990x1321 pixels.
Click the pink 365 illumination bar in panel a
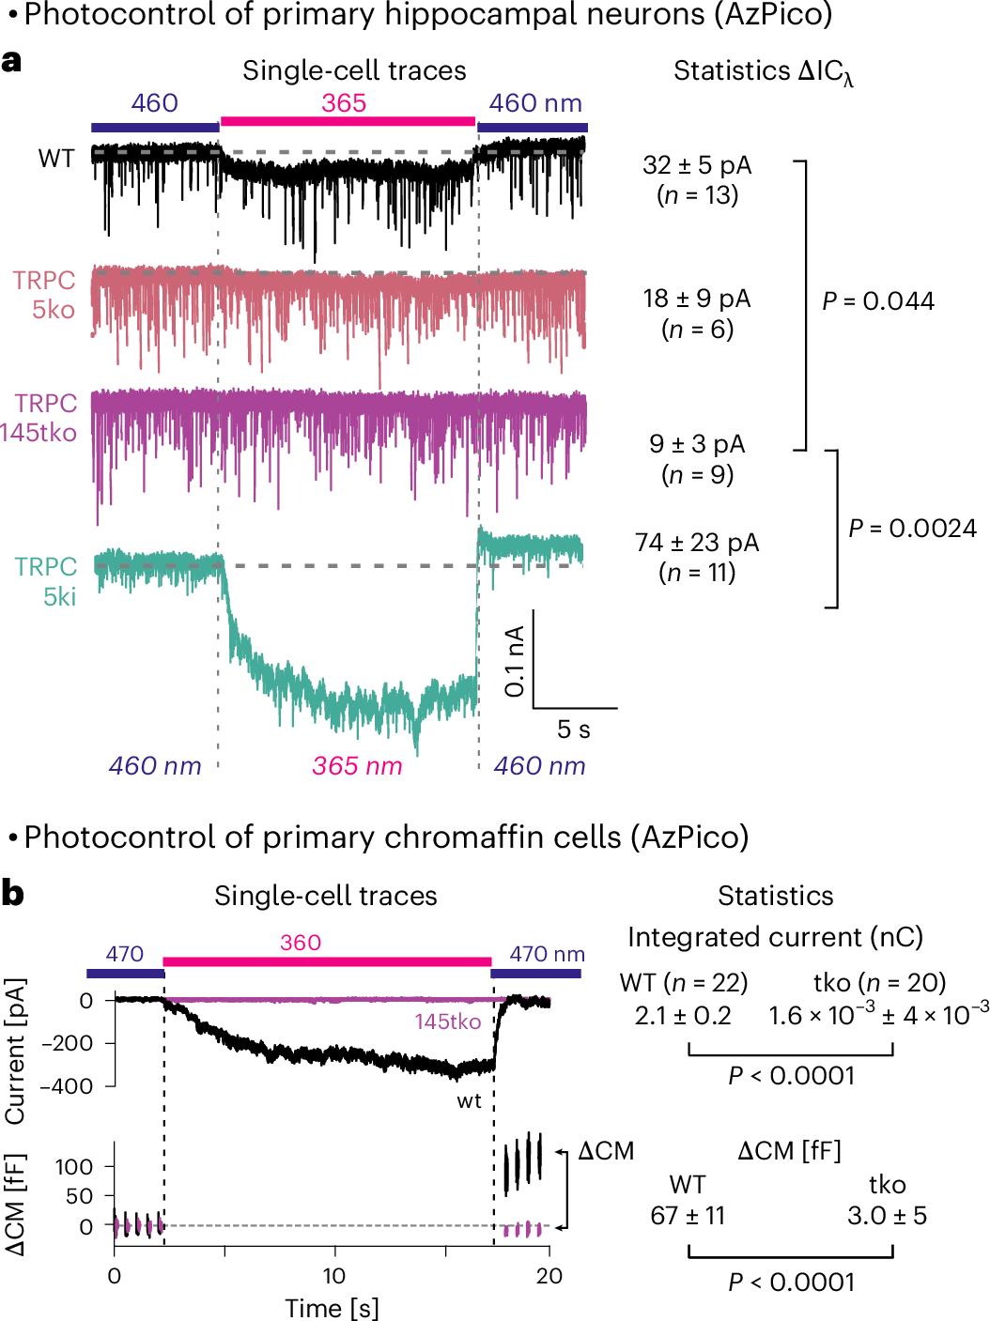point(348,121)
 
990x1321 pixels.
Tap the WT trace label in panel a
point(56,159)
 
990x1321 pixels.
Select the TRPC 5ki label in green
point(46,581)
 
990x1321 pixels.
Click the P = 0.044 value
point(878,301)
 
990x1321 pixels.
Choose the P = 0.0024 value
point(912,529)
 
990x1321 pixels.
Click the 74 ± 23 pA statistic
point(697,543)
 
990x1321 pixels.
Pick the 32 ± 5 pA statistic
point(697,166)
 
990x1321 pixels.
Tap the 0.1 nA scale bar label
point(514,662)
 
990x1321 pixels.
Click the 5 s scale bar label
point(573,730)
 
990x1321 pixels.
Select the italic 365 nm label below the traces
point(357,766)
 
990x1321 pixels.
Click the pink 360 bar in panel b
point(327,961)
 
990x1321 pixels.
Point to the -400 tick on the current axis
point(71,1086)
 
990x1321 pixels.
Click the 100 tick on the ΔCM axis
point(74,1167)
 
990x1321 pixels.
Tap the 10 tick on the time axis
point(334,1276)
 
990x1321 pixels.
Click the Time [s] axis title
point(332,1308)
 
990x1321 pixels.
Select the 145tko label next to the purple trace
point(448,1021)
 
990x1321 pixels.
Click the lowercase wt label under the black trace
point(469,1100)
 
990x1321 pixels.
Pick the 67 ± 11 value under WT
point(688,1216)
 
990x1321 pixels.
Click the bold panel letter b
point(12,893)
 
